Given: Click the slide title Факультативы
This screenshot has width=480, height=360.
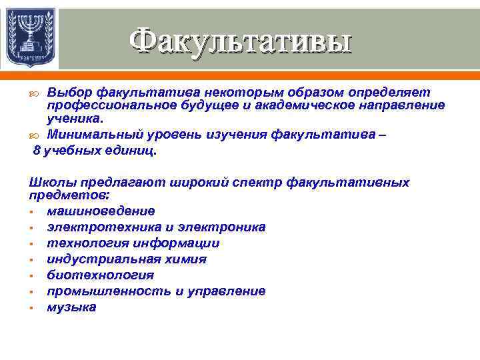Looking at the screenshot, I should tap(240, 41).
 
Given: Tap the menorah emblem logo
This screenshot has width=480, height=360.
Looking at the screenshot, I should tap(29, 38).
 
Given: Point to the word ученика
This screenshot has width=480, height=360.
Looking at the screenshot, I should tap(75, 119).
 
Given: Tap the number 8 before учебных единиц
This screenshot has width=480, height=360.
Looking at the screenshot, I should tap(37, 151).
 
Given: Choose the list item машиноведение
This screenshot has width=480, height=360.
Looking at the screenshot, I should tap(100, 211).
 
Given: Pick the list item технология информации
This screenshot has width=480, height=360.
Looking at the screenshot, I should tap(133, 243).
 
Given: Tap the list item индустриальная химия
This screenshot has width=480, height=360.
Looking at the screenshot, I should tap(126, 259).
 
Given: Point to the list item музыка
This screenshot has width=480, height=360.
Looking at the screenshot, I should tap(71, 307).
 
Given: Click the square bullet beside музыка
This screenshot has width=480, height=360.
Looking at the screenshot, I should tap(31, 308).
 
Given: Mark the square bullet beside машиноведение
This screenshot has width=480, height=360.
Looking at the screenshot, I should tap(31, 212).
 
